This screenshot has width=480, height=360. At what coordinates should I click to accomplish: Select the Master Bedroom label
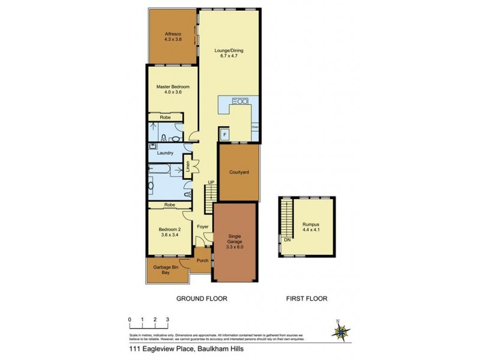click(173, 89)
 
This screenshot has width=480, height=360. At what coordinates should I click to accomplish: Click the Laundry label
click(165, 153)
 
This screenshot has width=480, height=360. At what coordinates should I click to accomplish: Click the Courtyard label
click(239, 172)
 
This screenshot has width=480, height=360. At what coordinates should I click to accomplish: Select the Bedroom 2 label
click(169, 232)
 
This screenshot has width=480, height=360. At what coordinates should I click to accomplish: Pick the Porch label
click(202, 260)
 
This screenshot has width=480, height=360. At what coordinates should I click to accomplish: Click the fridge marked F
click(224, 135)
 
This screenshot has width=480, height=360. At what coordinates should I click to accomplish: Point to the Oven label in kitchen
click(255, 127)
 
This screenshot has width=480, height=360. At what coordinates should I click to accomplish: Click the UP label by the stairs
click(211, 182)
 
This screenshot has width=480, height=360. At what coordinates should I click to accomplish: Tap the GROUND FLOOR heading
click(202, 298)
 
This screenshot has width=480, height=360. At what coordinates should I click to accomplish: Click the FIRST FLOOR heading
click(307, 298)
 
